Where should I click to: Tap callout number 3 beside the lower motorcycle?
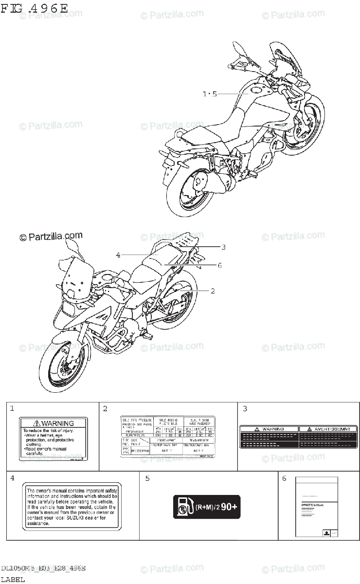click(223, 247)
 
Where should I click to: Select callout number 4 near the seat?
click(118, 255)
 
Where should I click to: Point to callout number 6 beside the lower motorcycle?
click(220, 265)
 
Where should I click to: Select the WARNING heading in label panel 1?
click(54, 423)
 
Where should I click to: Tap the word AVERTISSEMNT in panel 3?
click(325, 429)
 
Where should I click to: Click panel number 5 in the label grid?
click(147, 478)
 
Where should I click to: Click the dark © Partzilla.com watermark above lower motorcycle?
click(51, 237)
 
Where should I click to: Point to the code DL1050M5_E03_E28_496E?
click(43, 568)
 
